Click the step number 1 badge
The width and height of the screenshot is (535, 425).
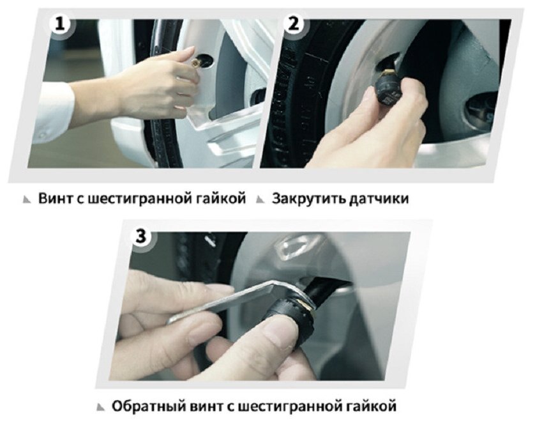[x=60, y=24]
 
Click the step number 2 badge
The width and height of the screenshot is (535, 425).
[x=294, y=24]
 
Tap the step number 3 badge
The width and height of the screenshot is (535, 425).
[x=141, y=236]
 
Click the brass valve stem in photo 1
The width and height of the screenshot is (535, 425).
[x=196, y=62]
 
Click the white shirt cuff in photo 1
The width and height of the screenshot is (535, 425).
[x=52, y=107]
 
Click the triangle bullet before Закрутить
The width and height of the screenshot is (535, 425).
[x=260, y=199]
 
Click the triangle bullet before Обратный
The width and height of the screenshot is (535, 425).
[x=101, y=407]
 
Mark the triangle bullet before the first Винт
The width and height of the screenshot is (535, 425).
[x=27, y=199]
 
